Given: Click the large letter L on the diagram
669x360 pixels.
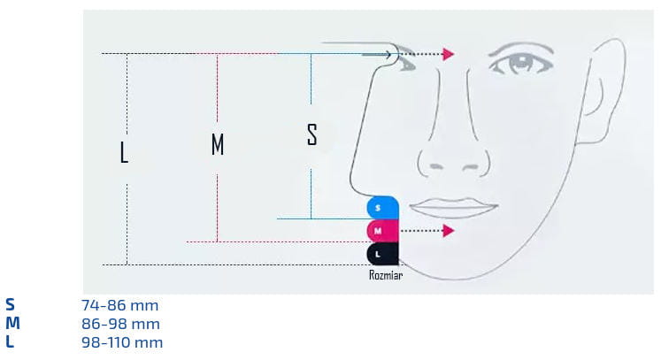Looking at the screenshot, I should point(124,153).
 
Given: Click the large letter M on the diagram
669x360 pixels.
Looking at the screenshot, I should point(218,144).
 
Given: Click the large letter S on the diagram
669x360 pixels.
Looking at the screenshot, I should point(311,135).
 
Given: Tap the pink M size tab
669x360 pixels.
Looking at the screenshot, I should point(381,231).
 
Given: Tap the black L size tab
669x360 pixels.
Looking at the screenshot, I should point(381,254).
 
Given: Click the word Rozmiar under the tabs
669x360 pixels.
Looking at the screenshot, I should point(386,275).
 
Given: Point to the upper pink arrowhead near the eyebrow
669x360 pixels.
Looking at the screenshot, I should point(449,55).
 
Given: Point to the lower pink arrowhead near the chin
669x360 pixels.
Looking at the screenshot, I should point(449,231).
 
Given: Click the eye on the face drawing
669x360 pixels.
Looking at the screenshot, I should point(523,65).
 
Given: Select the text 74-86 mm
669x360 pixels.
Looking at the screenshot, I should point(119,305).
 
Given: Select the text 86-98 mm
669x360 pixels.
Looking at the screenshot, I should point(120,324).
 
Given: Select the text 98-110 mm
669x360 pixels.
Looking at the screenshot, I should point(122,342).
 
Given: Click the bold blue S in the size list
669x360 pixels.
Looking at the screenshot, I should point(11,305).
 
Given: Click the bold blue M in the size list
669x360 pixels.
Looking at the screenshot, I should point(12,324).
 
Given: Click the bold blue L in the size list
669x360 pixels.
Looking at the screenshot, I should point(10,342).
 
